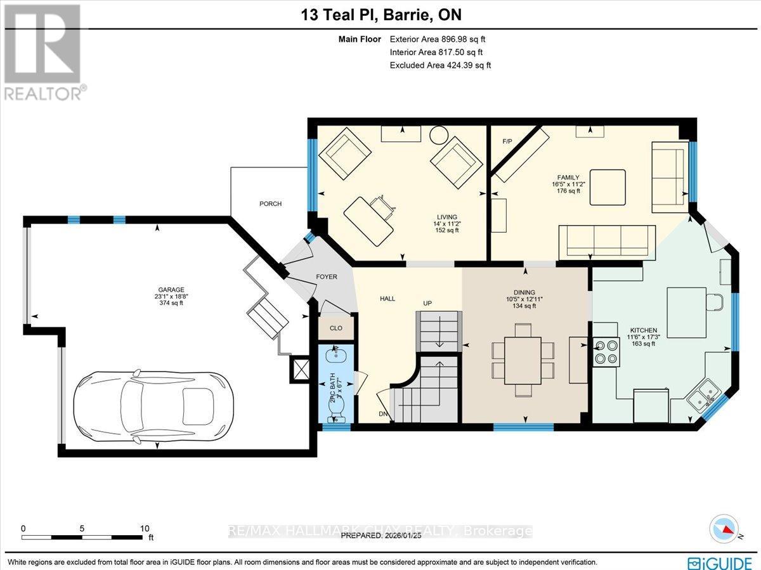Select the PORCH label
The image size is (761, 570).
(x=270, y=204)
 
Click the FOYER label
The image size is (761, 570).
(x=326, y=276)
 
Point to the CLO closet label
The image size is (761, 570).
(x=335, y=328)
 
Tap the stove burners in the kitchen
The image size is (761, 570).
(x=605, y=352)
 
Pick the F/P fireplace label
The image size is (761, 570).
(x=507, y=141)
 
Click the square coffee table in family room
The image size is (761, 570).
(x=611, y=187)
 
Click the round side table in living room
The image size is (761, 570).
(x=438, y=135)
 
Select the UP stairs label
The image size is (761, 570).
(x=427, y=303)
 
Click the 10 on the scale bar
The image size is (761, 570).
(x=144, y=528)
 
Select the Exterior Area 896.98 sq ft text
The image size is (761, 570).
(x=439, y=40)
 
